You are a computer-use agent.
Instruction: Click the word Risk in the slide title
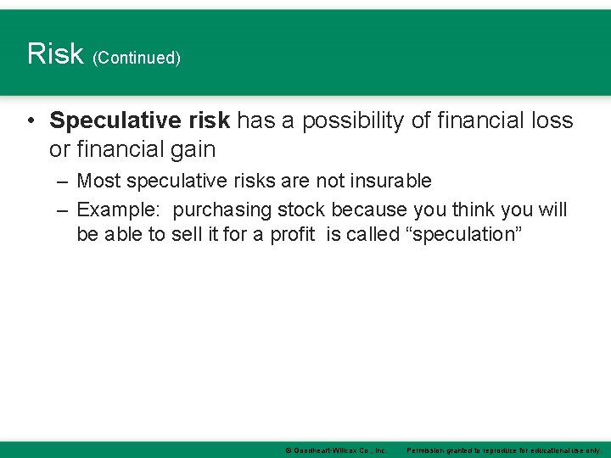tap(55, 53)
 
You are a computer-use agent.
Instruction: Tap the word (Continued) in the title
tap(137, 59)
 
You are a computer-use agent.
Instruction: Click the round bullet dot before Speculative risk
tap(31, 121)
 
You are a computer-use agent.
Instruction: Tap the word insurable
tap(391, 181)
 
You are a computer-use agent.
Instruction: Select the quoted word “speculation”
tap(466, 234)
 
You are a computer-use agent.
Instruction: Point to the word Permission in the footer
tap(433, 450)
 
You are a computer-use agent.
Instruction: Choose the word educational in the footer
tap(549, 450)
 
